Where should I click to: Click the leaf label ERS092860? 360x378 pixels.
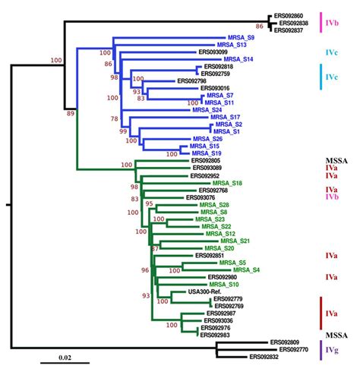(x=289, y=15)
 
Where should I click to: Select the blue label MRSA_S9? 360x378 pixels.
(x=242, y=36)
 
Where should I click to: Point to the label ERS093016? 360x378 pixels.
(x=219, y=88)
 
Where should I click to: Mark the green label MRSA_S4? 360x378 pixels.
(x=246, y=270)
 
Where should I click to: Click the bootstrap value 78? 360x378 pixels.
(x=114, y=118)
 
